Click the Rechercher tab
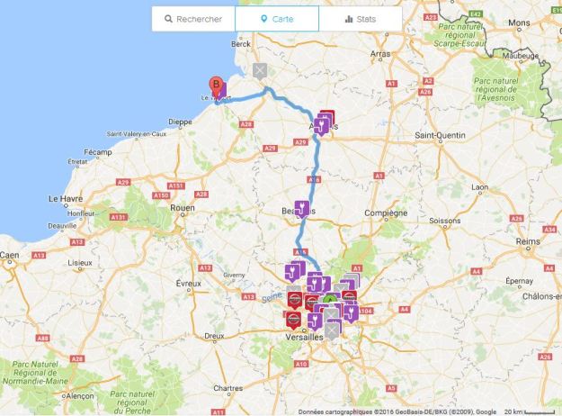(192, 19)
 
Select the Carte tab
(276, 19)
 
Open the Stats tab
(360, 19)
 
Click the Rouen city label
(182, 207)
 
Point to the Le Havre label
(64, 197)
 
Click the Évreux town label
(189, 283)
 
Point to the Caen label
(10, 255)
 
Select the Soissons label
(444, 220)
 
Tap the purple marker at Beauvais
(303, 207)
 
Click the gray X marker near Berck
(260, 70)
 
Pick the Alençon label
(79, 395)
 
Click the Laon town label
(478, 187)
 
